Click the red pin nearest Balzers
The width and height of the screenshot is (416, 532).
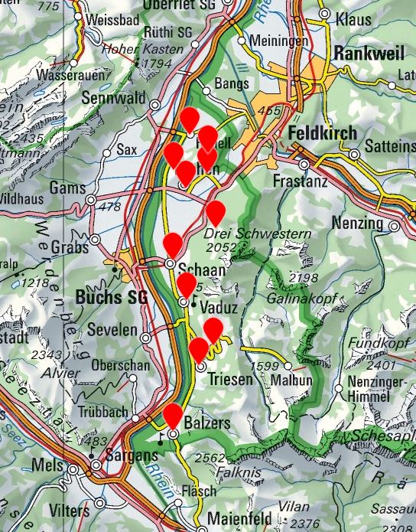(173, 416)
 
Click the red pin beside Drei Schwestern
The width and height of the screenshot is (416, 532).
(216, 212)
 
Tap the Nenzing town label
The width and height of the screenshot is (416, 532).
(358, 223)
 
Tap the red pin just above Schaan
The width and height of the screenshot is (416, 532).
(174, 245)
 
